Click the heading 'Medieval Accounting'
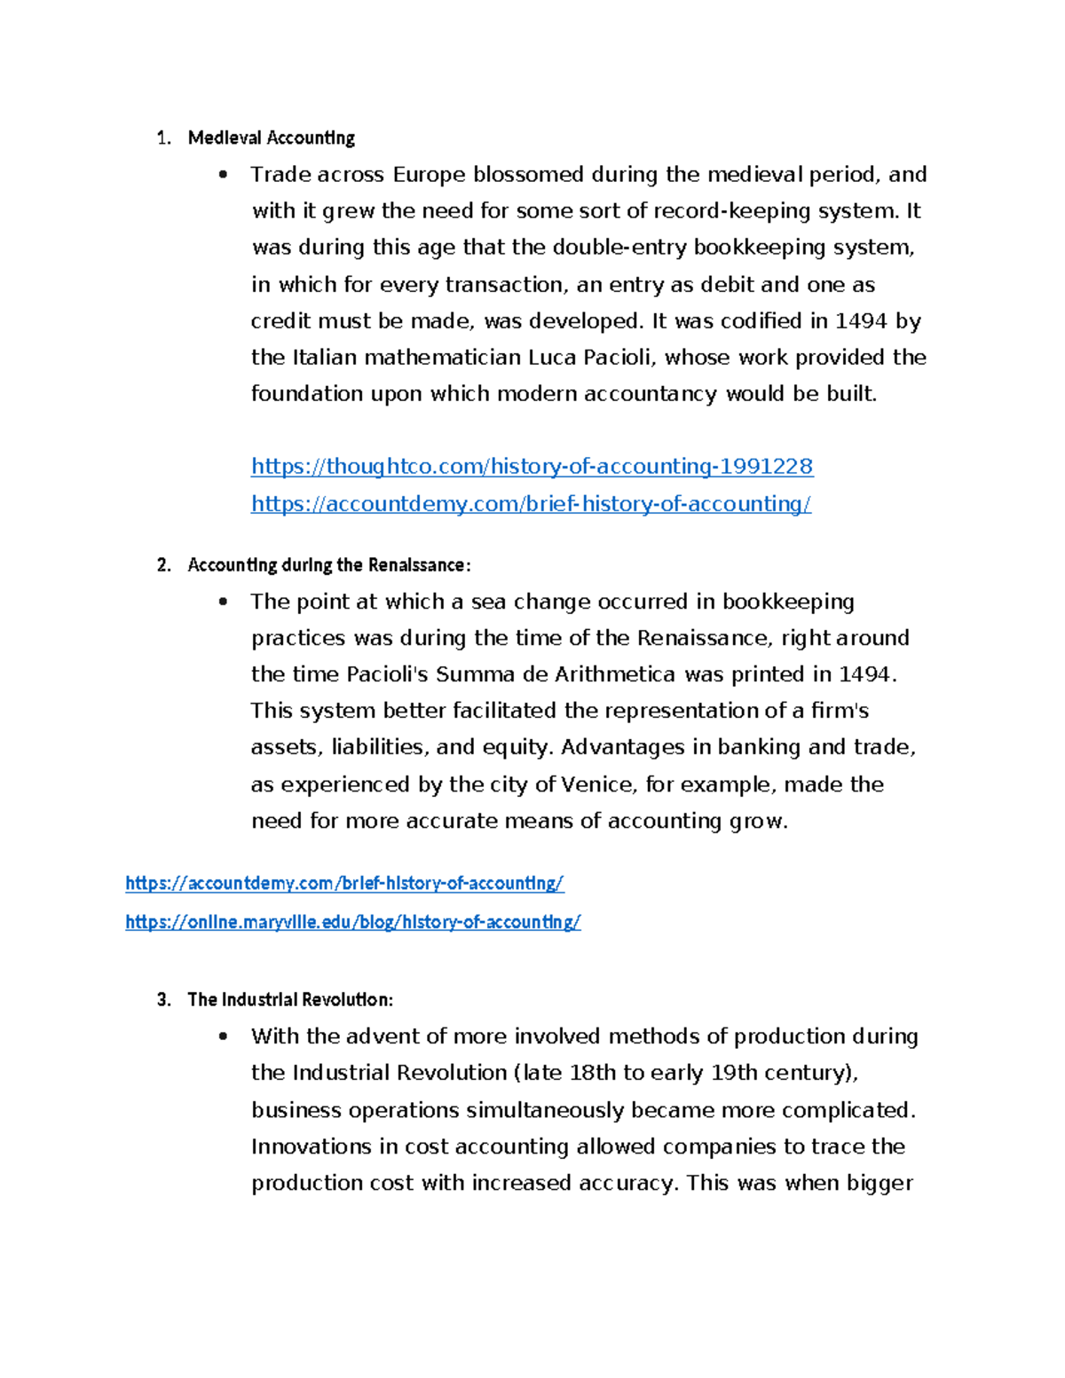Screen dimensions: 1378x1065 click(x=271, y=138)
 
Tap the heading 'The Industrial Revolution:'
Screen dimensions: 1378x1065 click(x=290, y=1000)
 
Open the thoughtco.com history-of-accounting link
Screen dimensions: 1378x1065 click(x=532, y=467)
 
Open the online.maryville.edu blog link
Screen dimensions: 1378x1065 click(x=352, y=922)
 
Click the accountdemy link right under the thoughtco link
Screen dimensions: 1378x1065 click(x=531, y=504)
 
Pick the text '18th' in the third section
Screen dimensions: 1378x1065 click(x=592, y=1073)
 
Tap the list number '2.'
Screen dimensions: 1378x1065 click(x=163, y=565)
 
